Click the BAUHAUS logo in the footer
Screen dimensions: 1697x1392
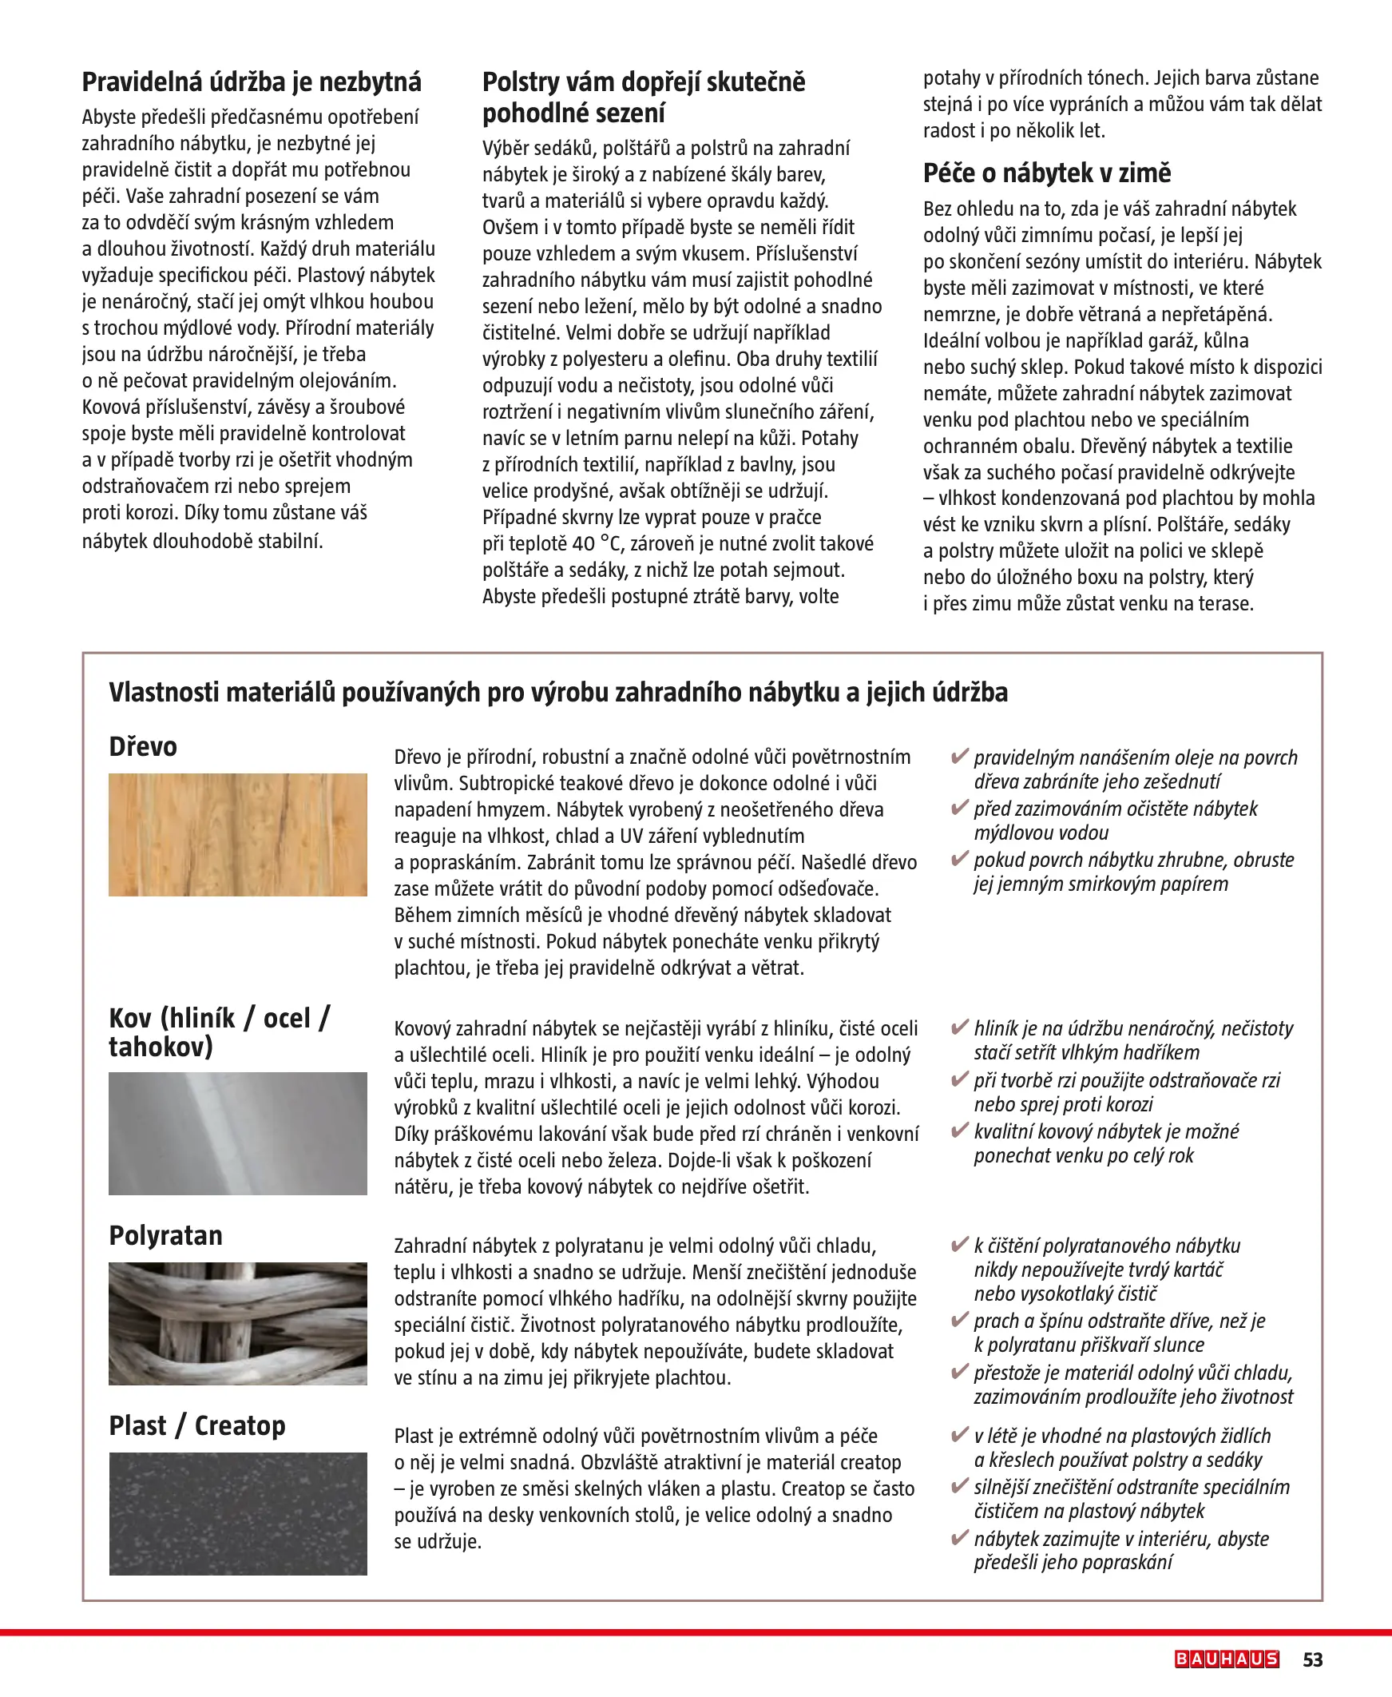click(x=1227, y=1659)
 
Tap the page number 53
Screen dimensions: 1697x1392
click(x=1313, y=1659)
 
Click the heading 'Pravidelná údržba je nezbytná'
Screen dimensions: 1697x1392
click(x=252, y=81)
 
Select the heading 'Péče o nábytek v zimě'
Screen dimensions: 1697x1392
click(x=1046, y=173)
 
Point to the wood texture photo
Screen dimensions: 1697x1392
click(x=238, y=834)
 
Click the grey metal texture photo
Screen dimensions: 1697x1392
click(x=238, y=1133)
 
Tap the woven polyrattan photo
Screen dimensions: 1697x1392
click(x=238, y=1323)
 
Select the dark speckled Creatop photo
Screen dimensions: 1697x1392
click(x=238, y=1513)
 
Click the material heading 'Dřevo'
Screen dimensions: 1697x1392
click(x=143, y=747)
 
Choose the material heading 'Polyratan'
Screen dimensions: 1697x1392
click(x=166, y=1236)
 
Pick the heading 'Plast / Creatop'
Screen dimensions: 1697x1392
click(x=197, y=1426)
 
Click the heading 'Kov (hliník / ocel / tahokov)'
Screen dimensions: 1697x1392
click(x=219, y=1032)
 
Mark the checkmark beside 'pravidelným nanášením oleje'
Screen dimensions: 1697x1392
click(x=959, y=757)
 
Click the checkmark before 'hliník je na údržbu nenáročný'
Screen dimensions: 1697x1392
click(x=959, y=1027)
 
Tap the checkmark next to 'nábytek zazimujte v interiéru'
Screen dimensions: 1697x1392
click(x=959, y=1538)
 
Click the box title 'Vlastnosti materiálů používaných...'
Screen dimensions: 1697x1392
click(x=558, y=692)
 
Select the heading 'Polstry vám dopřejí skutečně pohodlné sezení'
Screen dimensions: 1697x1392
click(x=644, y=97)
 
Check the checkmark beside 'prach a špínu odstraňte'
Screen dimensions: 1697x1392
click(x=959, y=1320)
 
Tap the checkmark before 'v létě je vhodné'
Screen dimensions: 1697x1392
click(x=959, y=1435)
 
